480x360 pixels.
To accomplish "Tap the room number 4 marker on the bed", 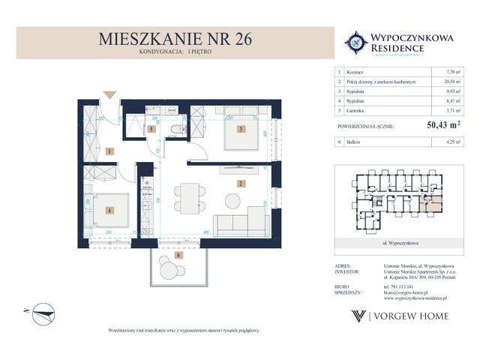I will click(x=109, y=210).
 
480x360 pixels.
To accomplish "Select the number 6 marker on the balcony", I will click(x=178, y=256).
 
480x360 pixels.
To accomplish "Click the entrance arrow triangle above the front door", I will click(x=109, y=95).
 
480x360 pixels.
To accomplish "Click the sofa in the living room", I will click(x=238, y=226).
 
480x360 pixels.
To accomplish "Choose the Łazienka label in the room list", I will click(x=357, y=110).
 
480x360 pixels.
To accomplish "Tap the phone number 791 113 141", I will click(x=388, y=286).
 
